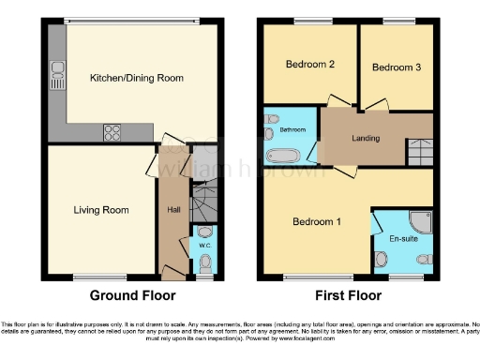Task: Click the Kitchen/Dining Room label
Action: [137, 78]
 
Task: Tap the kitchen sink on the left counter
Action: [57, 71]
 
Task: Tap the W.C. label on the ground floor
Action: [204, 247]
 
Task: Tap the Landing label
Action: [366, 139]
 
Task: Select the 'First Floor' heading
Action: [349, 295]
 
